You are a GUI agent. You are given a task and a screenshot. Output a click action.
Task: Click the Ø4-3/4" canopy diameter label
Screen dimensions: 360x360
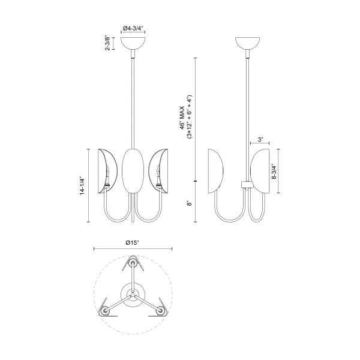pos(133,28)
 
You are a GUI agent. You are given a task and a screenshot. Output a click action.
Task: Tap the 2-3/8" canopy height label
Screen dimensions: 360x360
pos(107,43)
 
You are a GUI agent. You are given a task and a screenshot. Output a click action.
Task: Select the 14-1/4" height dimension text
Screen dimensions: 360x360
pos(83,186)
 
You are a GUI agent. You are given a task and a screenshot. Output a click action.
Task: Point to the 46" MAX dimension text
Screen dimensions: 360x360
pos(182,118)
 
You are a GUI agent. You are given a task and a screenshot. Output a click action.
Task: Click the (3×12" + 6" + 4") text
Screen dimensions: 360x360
pos(189,117)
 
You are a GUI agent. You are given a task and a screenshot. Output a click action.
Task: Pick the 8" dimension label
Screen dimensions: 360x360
pos(189,203)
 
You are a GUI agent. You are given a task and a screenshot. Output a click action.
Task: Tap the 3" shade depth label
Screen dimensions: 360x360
pos(260,139)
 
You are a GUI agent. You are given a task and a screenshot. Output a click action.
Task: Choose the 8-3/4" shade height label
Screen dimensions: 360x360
pos(274,171)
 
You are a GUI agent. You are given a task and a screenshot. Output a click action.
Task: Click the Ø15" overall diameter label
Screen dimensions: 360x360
pos(133,242)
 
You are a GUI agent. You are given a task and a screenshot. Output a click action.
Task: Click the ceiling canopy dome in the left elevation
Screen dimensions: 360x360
pos(133,43)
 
